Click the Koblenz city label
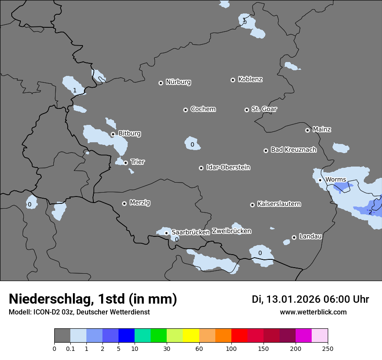(x=250, y=79)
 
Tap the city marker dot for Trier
(x=126, y=163)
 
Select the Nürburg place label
(x=178, y=82)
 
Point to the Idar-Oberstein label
(x=228, y=167)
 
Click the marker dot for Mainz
(x=307, y=130)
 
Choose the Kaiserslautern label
(x=279, y=204)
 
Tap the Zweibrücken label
(x=231, y=231)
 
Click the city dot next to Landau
(x=294, y=237)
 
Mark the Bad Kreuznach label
(x=294, y=150)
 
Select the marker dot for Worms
(x=320, y=180)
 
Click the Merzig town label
(x=140, y=203)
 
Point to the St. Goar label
(x=264, y=109)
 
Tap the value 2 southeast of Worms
(x=370, y=212)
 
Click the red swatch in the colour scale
(x=239, y=336)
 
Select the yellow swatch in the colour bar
(x=191, y=336)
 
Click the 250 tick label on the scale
(x=328, y=349)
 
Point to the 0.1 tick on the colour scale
(x=70, y=349)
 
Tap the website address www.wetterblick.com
(x=313, y=312)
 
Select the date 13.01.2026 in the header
(x=293, y=299)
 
